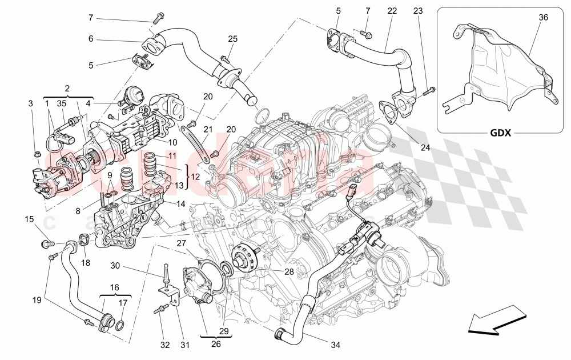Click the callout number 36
(x=543, y=18)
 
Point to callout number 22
(x=392, y=11)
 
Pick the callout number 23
(x=418, y=11)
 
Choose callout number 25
(x=232, y=39)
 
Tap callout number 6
(x=90, y=39)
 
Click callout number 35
(x=62, y=104)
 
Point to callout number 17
(x=122, y=303)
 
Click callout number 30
(x=114, y=266)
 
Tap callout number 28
(x=290, y=272)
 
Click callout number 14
(x=180, y=203)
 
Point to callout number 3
(x=30, y=104)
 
